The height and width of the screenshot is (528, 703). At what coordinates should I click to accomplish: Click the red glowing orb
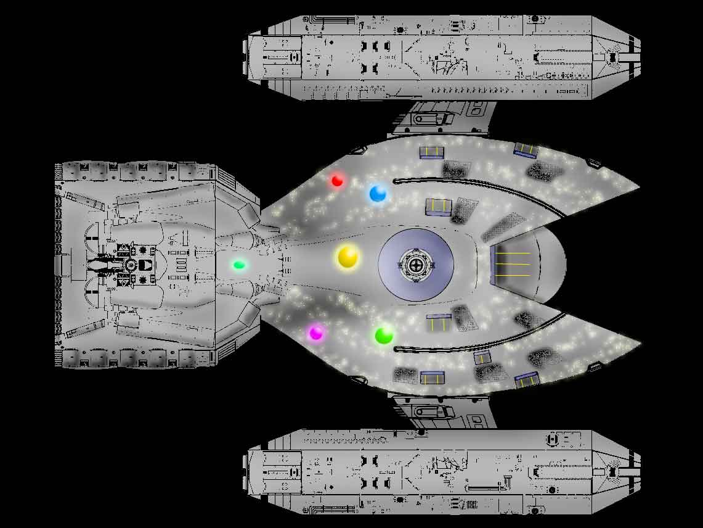click(x=337, y=180)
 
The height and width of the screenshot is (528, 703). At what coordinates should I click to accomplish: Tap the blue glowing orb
click(x=377, y=194)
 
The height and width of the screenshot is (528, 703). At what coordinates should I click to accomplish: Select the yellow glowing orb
click(x=348, y=257)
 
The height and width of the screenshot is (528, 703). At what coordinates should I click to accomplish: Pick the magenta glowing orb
click(x=315, y=333)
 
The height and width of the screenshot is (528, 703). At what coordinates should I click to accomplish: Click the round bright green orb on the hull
click(x=384, y=336)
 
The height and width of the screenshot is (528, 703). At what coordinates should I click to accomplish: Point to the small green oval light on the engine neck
click(x=239, y=265)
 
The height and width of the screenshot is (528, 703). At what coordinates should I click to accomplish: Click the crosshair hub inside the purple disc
click(x=417, y=265)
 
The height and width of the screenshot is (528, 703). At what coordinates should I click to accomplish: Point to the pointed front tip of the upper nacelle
click(x=639, y=57)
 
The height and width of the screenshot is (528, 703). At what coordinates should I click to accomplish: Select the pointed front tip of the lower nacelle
click(x=639, y=472)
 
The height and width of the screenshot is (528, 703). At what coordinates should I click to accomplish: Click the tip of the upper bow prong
click(x=638, y=186)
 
